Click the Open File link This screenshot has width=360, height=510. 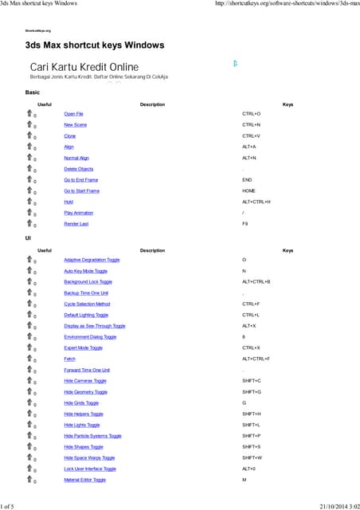pyautogui.click(x=73, y=114)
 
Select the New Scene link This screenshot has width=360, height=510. pyautogui.click(x=75, y=125)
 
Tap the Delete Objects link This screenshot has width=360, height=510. pyautogui.click(x=78, y=169)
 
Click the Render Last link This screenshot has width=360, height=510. pyautogui.click(x=76, y=224)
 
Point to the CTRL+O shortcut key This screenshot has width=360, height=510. pyautogui.click(x=251, y=114)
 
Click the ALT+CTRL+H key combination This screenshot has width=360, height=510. pyautogui.click(x=256, y=202)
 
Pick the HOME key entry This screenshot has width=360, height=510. pyautogui.click(x=248, y=191)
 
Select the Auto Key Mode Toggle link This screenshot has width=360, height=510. pyautogui.click(x=85, y=271)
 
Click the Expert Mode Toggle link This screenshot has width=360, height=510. pyautogui.click(x=83, y=347)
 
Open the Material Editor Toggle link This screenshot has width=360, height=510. pyautogui.click(x=84, y=480)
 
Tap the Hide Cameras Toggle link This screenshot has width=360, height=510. pyautogui.click(x=84, y=381)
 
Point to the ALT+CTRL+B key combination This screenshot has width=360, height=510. pyautogui.click(x=256, y=282)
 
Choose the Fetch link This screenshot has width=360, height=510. pyautogui.click(x=69, y=359)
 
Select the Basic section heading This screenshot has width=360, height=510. pyautogui.click(x=33, y=92)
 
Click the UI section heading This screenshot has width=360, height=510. pyautogui.click(x=29, y=238)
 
